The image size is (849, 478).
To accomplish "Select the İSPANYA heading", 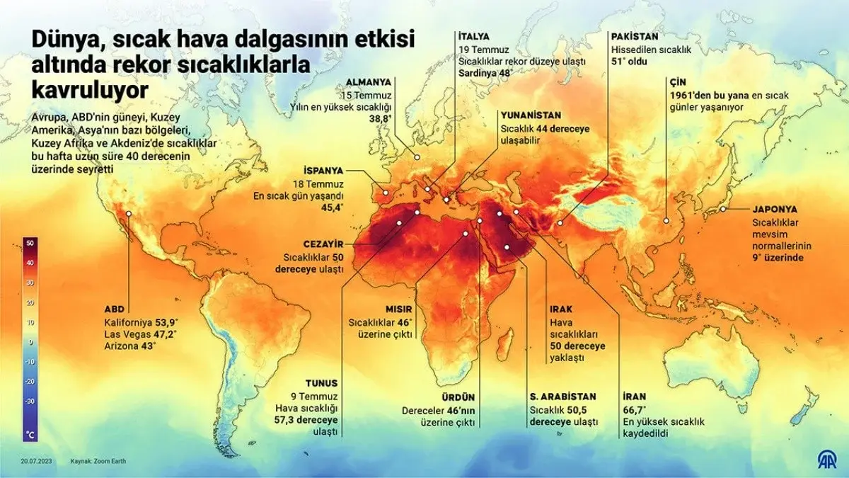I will [323, 171].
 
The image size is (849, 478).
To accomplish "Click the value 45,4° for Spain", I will [332, 207].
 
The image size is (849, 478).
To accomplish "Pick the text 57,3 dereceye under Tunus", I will [307, 419].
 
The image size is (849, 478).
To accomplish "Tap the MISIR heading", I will [398, 309].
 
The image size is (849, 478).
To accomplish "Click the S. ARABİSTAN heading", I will [562, 397].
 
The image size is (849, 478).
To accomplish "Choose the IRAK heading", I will [561, 309].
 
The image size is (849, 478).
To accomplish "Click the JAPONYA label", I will [775, 210].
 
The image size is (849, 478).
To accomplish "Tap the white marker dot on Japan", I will [723, 208].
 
